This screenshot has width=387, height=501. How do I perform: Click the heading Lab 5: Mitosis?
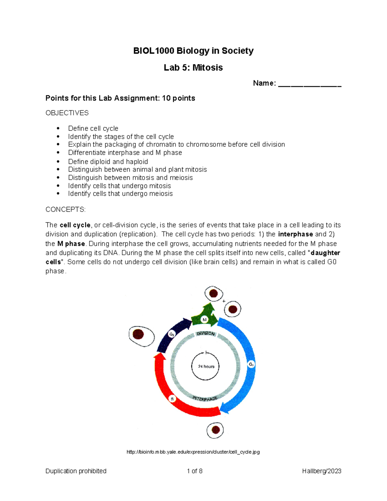193,67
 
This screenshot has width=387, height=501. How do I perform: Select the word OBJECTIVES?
67,113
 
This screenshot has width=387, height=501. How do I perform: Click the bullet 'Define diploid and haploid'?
108,161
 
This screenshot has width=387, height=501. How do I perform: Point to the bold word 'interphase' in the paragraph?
295,234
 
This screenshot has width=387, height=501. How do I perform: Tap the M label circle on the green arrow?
204,320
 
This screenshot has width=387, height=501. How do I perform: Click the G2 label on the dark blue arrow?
172,335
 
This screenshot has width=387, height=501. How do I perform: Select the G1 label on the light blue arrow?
251,364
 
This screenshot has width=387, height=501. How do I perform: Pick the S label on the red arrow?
172,399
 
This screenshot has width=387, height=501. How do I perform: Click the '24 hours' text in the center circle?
206,366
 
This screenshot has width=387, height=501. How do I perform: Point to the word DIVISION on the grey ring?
206,333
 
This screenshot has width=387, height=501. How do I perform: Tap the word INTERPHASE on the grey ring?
205,399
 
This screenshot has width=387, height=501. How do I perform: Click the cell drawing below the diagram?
215,430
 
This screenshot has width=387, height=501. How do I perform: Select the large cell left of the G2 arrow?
142,336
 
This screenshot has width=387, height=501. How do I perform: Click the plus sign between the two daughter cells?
224,301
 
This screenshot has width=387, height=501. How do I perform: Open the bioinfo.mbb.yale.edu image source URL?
193,452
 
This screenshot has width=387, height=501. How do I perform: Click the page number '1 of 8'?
194,471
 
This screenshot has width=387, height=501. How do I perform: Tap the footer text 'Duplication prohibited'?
76,471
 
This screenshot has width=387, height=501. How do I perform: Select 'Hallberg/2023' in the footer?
322,471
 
